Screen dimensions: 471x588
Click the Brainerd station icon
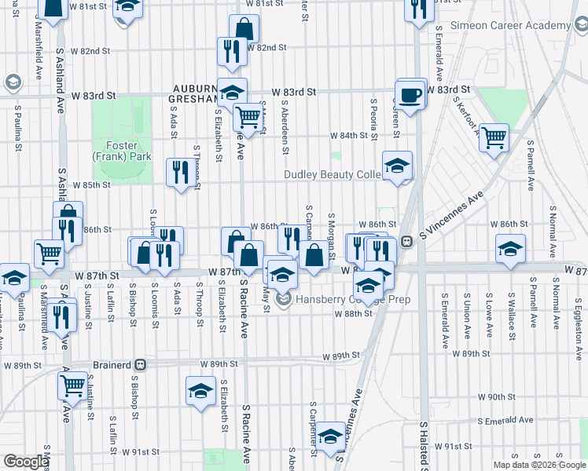pos(141,364)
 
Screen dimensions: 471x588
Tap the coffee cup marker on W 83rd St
pos(410,96)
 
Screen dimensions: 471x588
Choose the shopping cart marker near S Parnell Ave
pos(494,138)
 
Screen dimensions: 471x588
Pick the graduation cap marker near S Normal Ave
pos(510,249)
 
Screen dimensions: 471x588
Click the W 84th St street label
pos(349,135)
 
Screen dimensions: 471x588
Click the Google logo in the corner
pos(26,462)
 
